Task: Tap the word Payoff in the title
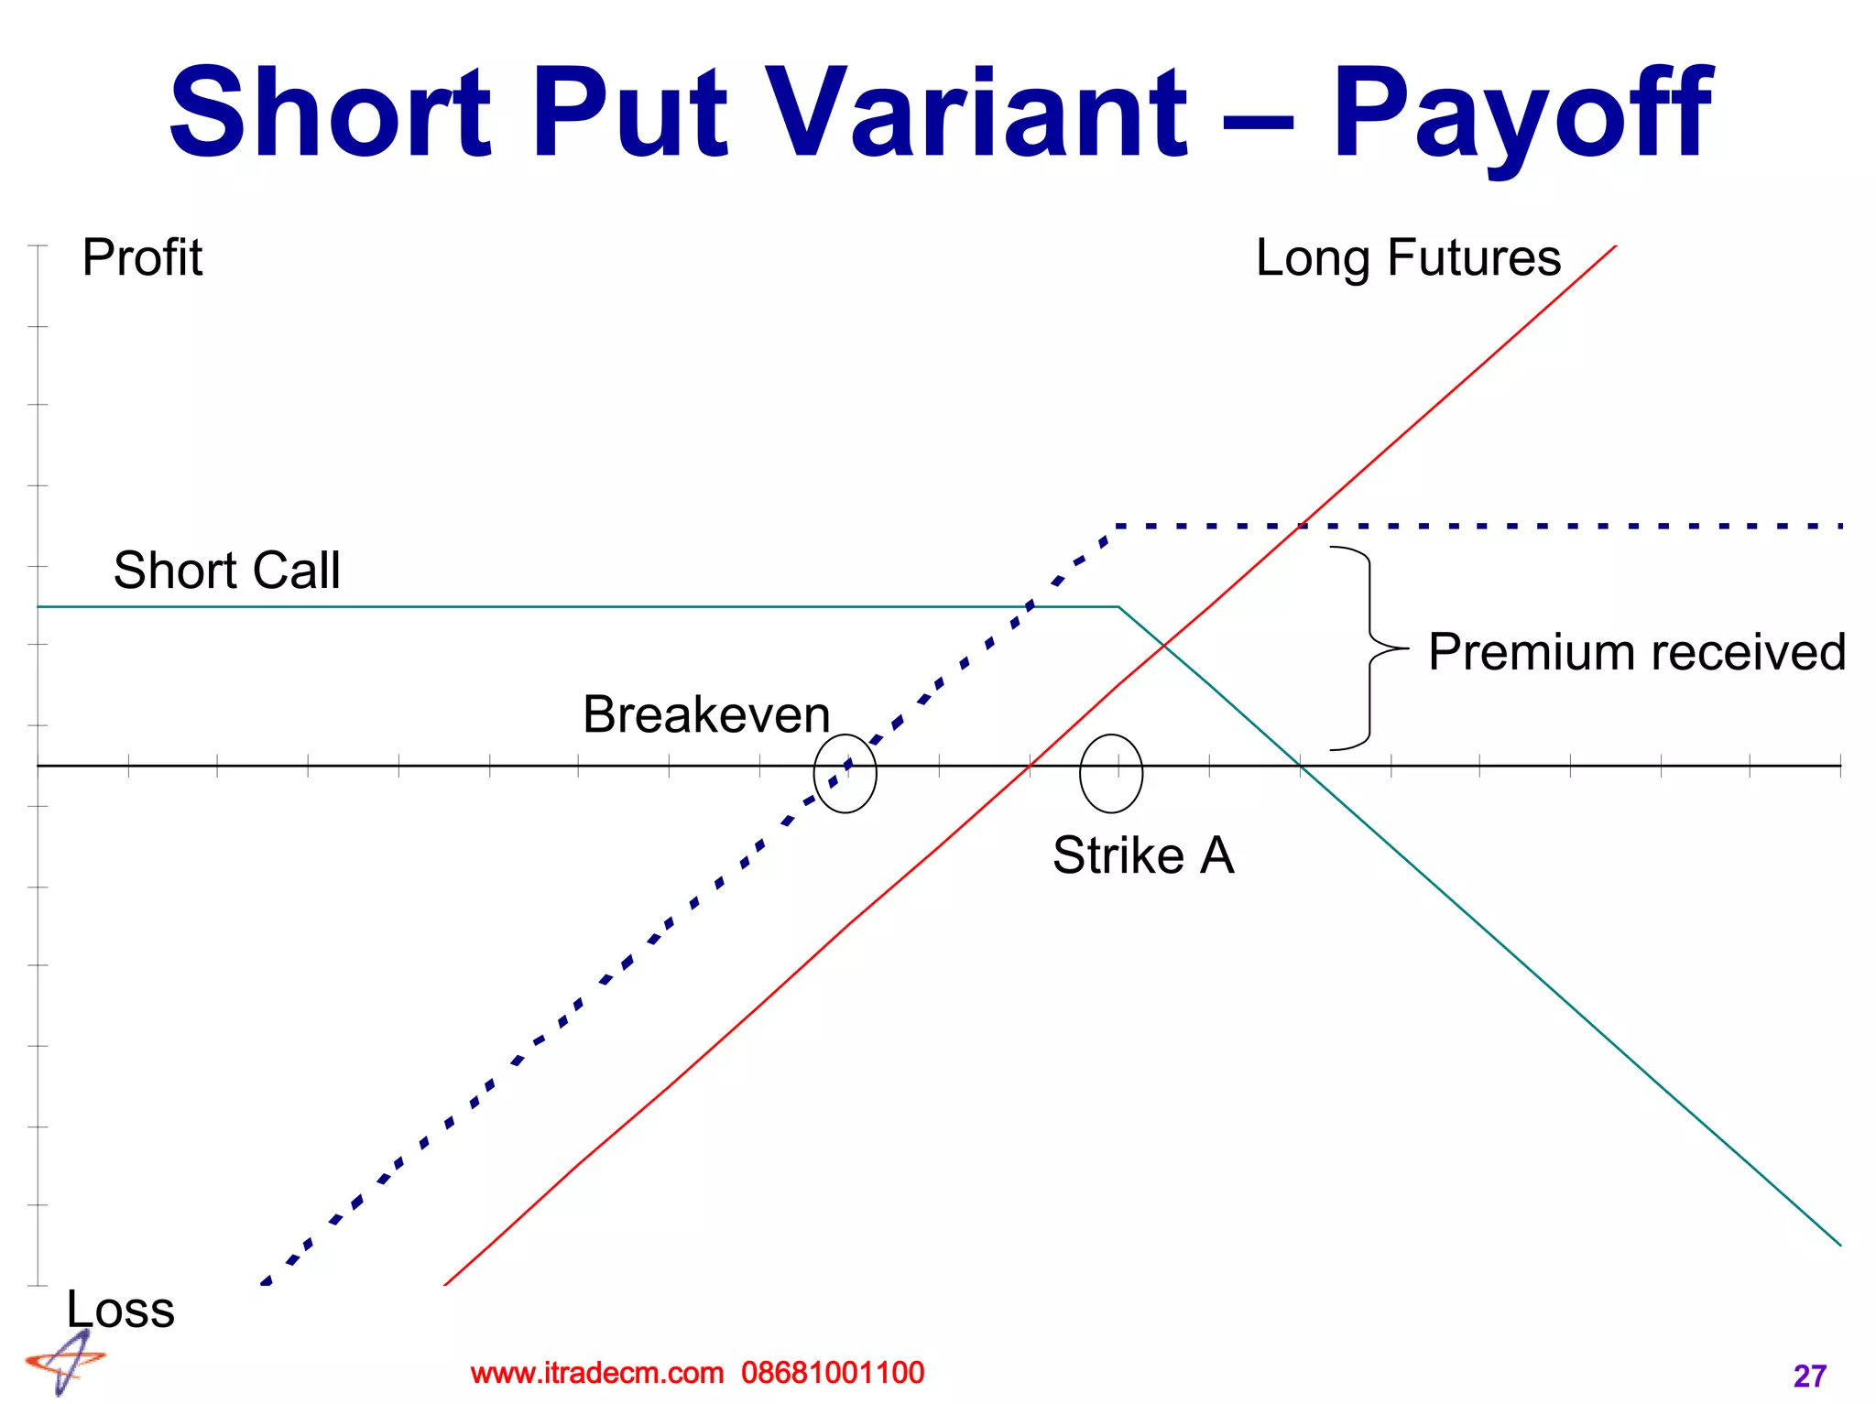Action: (1521, 115)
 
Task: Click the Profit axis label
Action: (142, 257)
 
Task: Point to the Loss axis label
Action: (120, 1309)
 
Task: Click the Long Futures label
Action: (1408, 257)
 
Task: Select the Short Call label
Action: (226, 570)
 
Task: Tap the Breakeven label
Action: (706, 714)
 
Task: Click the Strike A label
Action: (1143, 855)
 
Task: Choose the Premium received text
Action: (1636, 652)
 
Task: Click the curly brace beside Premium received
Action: (1369, 648)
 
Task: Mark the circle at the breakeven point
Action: (845, 773)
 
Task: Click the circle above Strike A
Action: (1110, 773)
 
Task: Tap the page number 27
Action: (1809, 1376)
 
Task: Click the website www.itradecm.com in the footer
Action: (596, 1373)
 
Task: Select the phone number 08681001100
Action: (833, 1373)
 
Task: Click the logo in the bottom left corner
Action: (65, 1363)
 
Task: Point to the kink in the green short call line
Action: (1118, 606)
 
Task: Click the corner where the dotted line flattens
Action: (1117, 527)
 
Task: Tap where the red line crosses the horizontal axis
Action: (1031, 765)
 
